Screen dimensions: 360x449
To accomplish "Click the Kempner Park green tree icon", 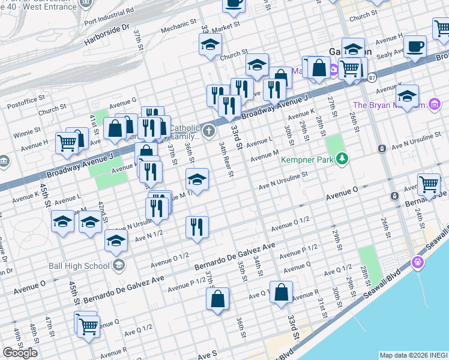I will pos(342,158).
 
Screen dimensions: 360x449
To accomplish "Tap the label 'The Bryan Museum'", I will pos(390,105).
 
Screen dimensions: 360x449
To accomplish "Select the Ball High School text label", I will pos(85,266).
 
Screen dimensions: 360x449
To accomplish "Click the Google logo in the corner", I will pos(20,353).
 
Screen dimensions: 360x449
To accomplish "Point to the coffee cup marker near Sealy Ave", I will pos(415,47).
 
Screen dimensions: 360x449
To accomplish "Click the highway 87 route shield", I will pos(372,77).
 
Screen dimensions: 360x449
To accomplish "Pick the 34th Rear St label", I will pos(226,160).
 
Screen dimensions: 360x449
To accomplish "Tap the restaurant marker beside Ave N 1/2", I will pos(197,227).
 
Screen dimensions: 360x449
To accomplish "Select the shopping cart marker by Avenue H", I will pos(67,143).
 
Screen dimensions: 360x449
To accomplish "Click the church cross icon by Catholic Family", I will pos(208,131).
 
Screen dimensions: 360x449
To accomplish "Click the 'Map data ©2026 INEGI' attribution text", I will pos(412,355).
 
